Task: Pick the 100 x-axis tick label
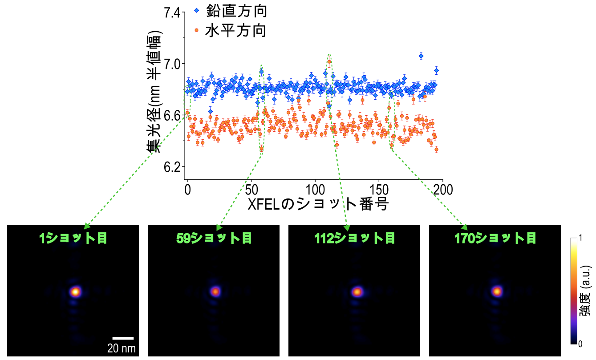point(315,190)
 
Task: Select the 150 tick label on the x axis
point(379,190)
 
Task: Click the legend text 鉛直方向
point(235,11)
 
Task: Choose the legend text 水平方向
point(235,31)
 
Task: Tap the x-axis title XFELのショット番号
point(318,204)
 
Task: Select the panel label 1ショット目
point(73,239)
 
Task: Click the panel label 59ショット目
point(214,239)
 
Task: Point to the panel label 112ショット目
point(355,239)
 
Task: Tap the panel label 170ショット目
point(495,239)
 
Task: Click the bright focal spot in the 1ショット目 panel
point(75,291)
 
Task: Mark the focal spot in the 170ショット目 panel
point(497,291)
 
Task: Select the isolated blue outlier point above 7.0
point(421,56)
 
